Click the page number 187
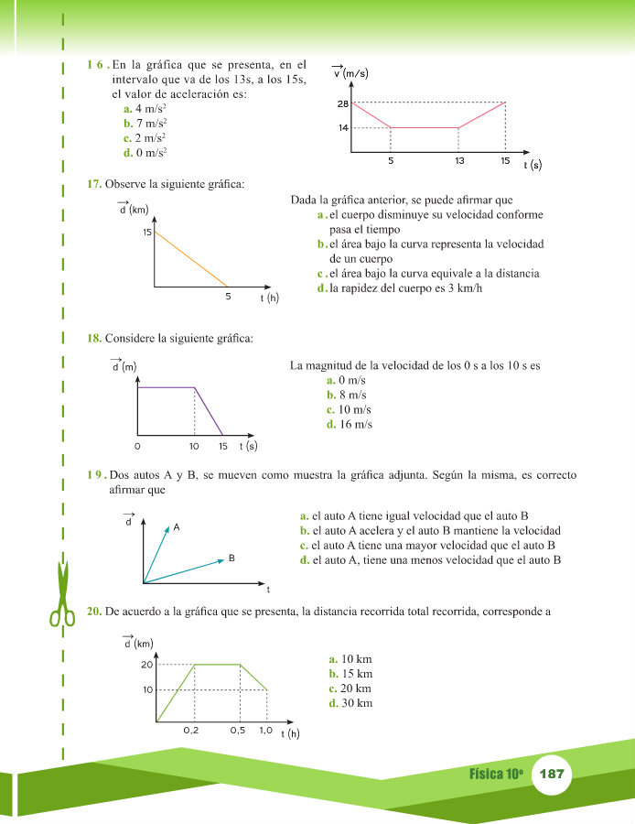point(552,774)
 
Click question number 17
point(93,184)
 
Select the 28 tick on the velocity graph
point(342,103)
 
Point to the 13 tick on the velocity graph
point(458,160)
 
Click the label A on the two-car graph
point(176,527)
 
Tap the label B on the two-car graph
point(232,558)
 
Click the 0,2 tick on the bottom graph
point(191,731)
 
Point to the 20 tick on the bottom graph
point(146,664)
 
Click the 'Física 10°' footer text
point(496,774)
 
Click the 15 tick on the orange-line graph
point(146,233)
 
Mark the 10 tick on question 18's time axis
point(194,447)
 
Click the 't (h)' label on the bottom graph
point(290,733)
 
